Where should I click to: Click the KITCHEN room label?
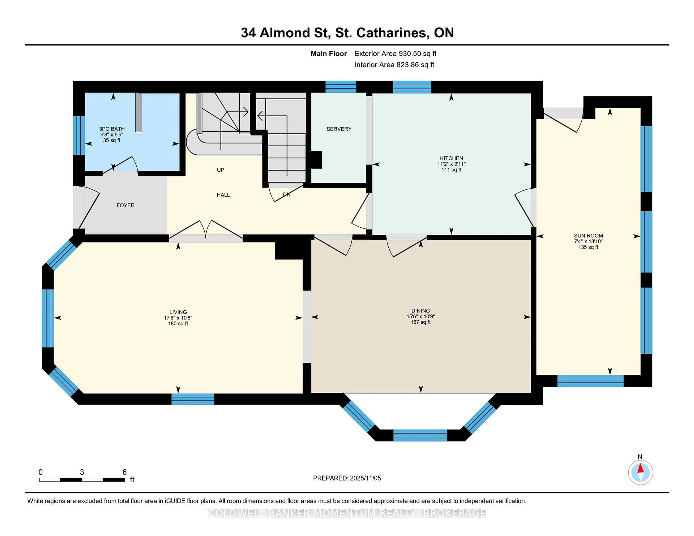click(x=451, y=158)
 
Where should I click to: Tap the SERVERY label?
click(x=339, y=129)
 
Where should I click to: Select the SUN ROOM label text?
click(x=588, y=236)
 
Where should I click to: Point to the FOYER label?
click(x=126, y=206)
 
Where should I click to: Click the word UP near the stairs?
click(x=220, y=170)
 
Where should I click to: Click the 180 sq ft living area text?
click(x=178, y=324)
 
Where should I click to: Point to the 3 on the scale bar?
click(x=82, y=472)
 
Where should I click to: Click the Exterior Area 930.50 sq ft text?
click(x=396, y=54)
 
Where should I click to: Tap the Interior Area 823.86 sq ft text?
click(x=394, y=65)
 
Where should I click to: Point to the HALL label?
click(x=223, y=195)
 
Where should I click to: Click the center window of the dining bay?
click(x=420, y=435)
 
